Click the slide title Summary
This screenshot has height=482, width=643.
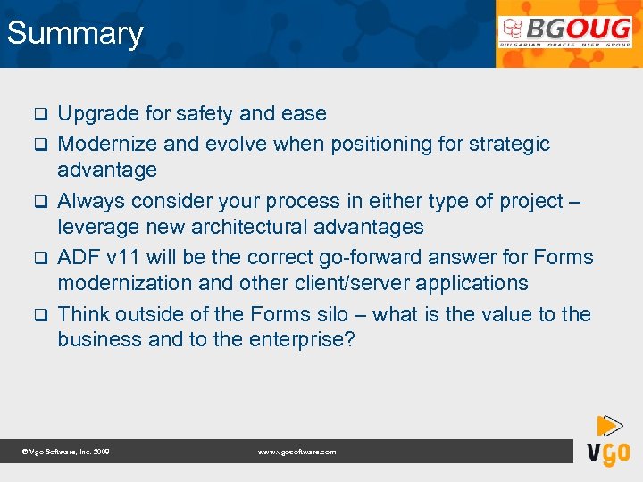[75, 34]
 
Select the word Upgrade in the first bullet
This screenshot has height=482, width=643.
[98, 114]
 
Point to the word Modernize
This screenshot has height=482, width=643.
[107, 144]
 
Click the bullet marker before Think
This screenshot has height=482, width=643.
[39, 315]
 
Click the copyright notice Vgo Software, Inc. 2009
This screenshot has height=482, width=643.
[65, 453]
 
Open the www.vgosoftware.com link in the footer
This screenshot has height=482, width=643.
[296, 453]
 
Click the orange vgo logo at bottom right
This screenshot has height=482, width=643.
[608, 441]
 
